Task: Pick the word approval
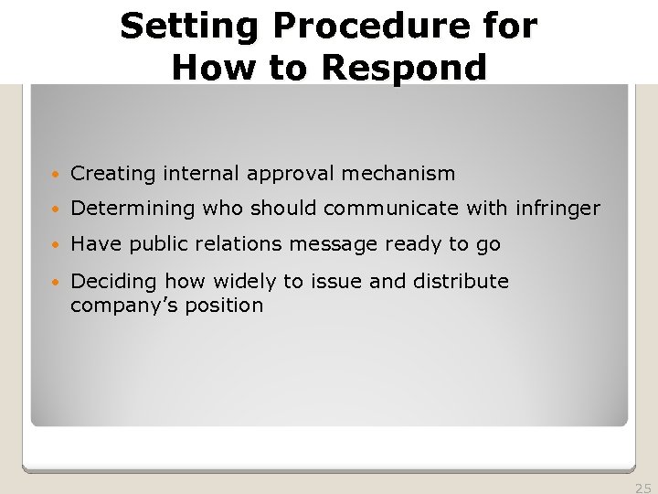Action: click(275, 173)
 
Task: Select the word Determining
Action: click(133, 209)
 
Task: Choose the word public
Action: click(156, 244)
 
